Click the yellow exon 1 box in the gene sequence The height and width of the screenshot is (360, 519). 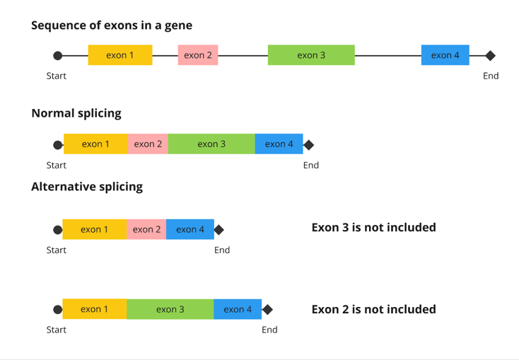click(x=120, y=55)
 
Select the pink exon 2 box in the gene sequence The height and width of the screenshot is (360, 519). click(x=198, y=55)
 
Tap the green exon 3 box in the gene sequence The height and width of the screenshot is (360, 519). click(x=311, y=55)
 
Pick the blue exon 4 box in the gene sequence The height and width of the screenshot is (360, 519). click(x=445, y=55)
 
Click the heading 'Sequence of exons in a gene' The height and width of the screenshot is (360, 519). click(x=112, y=25)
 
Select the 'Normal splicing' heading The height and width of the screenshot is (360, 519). click(x=76, y=113)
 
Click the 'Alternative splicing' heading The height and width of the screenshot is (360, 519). click(x=87, y=187)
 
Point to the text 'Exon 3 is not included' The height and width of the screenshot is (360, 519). click(x=373, y=228)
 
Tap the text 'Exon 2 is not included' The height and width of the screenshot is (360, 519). click(x=373, y=309)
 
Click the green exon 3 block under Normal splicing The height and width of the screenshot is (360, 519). click(x=211, y=144)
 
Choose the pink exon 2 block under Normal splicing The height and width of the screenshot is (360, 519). click(x=148, y=144)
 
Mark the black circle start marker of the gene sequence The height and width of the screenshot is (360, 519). click(x=58, y=56)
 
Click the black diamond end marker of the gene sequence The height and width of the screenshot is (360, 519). click(x=490, y=56)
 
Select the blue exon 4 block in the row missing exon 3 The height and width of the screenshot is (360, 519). click(x=190, y=229)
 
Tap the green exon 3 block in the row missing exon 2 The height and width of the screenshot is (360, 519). click(x=170, y=309)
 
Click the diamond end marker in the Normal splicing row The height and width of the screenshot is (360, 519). click(x=308, y=145)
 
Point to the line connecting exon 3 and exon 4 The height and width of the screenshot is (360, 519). click(x=387, y=56)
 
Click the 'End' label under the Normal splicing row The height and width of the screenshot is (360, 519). click(x=310, y=166)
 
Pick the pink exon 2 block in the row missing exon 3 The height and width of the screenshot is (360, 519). click(x=146, y=229)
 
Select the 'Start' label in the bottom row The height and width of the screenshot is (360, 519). click(x=57, y=330)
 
